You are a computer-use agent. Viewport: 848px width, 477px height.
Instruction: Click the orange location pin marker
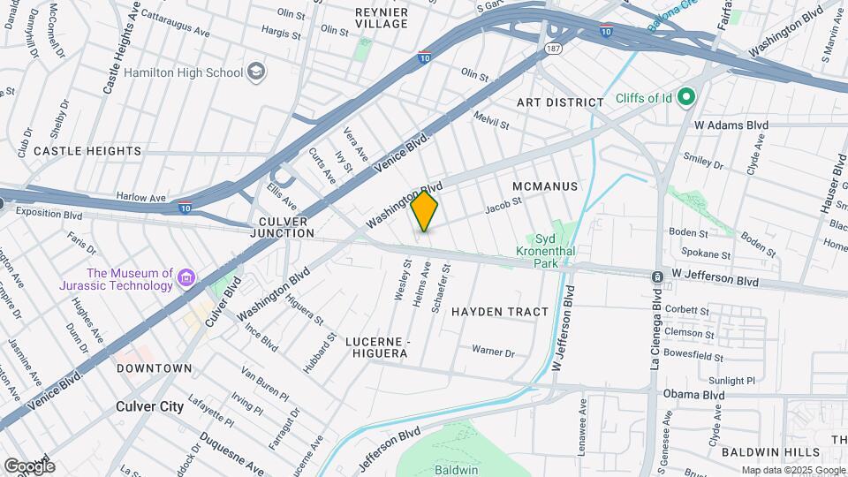pos(425,210)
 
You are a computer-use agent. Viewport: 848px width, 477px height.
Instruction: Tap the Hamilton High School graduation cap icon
pos(256,72)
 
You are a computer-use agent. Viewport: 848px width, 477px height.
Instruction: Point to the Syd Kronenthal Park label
pos(545,251)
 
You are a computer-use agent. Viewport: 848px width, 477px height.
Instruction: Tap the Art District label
pos(560,102)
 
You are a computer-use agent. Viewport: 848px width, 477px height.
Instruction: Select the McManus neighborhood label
pos(544,186)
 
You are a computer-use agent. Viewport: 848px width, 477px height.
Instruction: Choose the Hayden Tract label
pos(500,312)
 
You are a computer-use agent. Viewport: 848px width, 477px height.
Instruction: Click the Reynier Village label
pos(382,18)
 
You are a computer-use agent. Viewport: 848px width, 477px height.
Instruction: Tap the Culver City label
pos(150,407)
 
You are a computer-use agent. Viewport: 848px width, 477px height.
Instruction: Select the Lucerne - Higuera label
pos(376,347)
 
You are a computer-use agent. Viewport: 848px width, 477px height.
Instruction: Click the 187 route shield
pos(554,47)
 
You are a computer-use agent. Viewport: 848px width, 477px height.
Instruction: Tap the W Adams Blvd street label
pos(731,125)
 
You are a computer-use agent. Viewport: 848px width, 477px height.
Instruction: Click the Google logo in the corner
pos(29,466)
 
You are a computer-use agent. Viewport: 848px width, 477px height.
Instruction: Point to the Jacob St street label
pos(504,206)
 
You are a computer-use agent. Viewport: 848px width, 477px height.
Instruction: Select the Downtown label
pos(155,367)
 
